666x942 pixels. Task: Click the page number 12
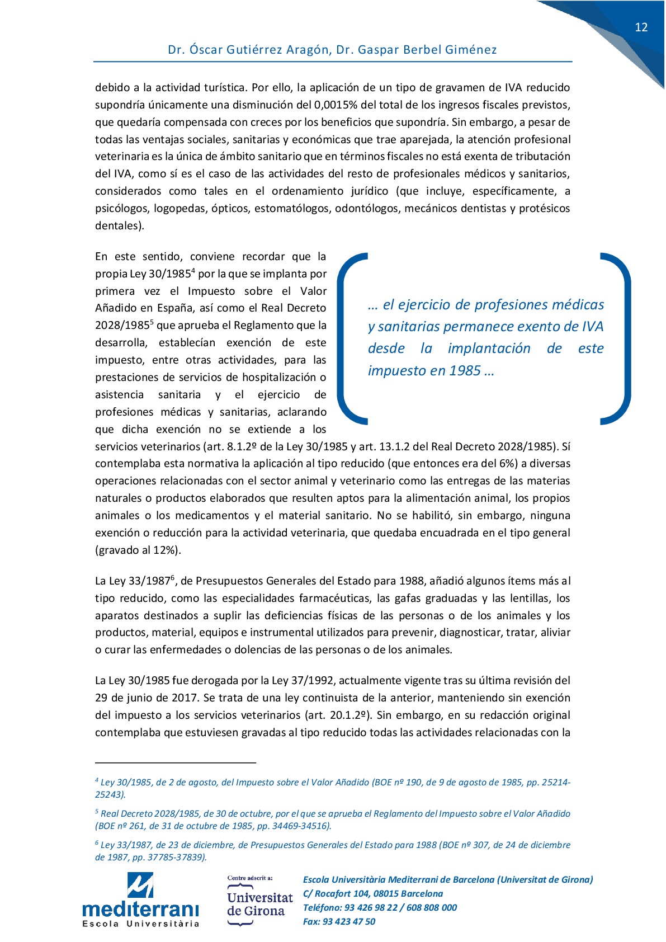point(641,27)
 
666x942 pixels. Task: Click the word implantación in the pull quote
point(489,348)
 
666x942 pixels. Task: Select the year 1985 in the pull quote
point(465,371)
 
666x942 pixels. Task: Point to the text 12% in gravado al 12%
point(164,550)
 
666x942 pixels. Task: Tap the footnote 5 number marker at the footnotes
point(97,811)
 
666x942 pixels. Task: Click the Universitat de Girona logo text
point(259,904)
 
